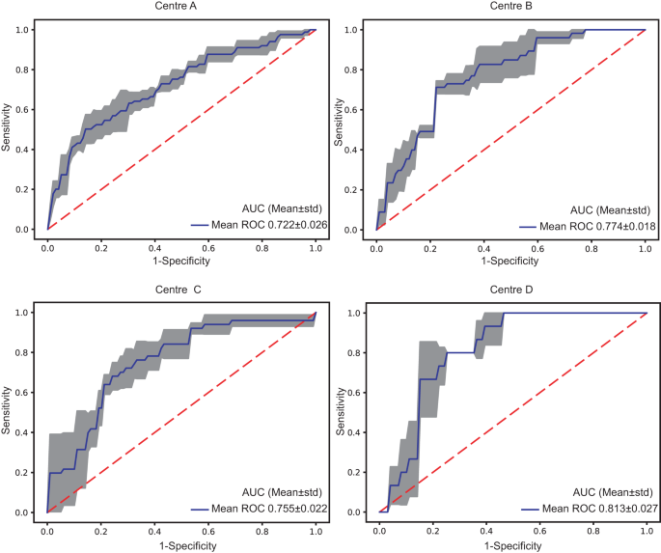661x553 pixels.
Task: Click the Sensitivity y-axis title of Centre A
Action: click(8, 129)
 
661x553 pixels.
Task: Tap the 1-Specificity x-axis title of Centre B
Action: click(510, 260)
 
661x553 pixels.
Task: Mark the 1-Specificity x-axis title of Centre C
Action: click(181, 544)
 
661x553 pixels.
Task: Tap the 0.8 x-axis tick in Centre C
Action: click(262, 529)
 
